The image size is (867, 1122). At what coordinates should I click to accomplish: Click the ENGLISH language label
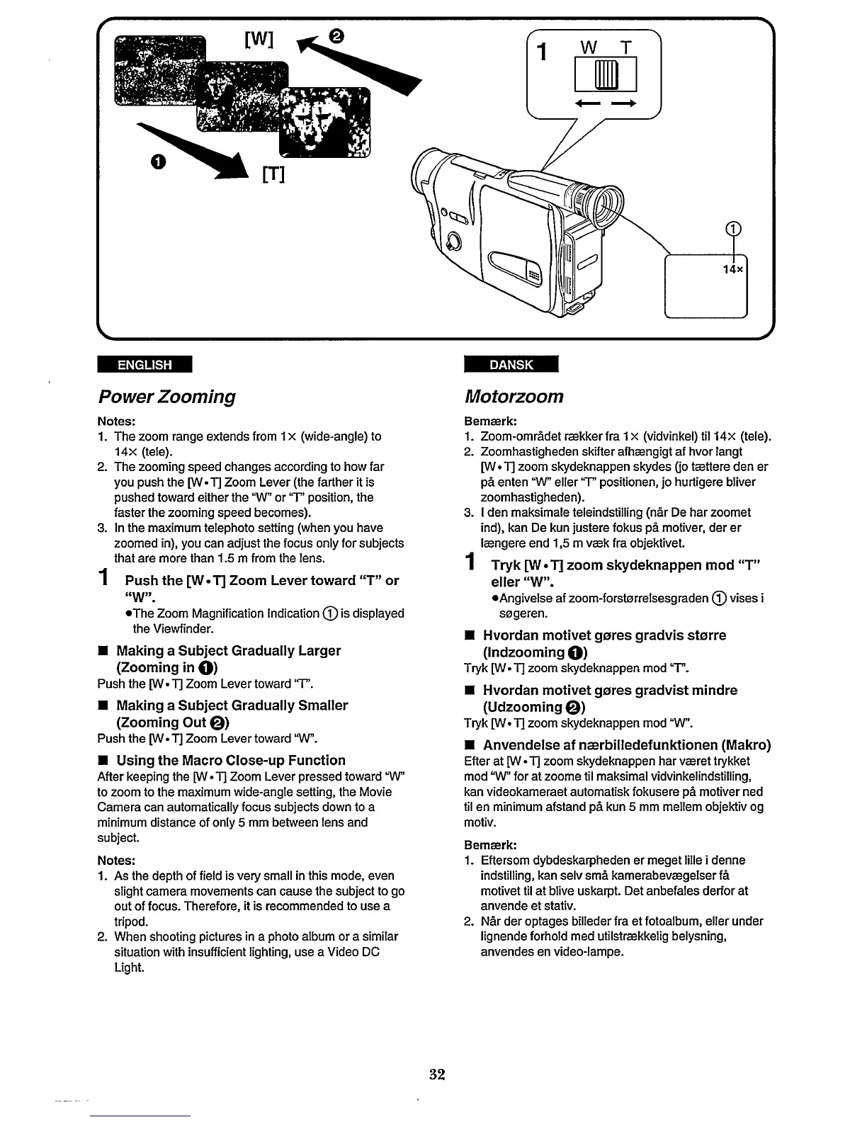tap(144, 365)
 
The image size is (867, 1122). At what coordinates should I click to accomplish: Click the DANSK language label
tap(510, 365)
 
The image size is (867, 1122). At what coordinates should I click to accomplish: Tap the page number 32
tap(436, 1074)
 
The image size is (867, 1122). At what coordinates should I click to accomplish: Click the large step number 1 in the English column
tap(103, 580)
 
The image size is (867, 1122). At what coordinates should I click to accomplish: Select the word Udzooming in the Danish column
tap(522, 707)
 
